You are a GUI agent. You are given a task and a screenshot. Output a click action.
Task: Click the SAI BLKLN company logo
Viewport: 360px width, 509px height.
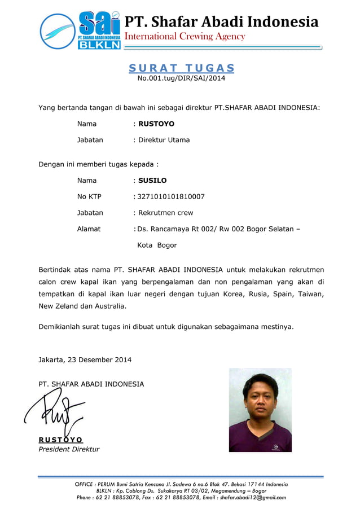[80, 30]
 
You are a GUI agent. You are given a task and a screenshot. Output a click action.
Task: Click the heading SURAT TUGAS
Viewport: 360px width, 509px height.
[181, 68]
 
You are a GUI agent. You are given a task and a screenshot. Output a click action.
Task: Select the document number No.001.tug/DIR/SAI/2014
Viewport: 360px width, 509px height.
[181, 78]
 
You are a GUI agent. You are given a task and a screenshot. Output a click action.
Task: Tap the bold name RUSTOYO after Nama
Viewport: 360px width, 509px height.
[156, 124]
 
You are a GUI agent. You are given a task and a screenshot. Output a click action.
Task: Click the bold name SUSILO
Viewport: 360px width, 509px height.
[152, 181]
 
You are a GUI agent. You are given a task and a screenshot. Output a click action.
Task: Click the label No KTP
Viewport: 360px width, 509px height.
[89, 197]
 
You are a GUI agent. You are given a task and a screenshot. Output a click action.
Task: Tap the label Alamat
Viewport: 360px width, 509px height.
[89, 229]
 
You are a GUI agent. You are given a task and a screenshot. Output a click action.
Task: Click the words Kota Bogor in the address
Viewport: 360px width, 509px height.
[157, 245]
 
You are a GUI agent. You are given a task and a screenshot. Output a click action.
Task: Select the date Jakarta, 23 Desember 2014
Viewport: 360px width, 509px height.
[85, 359]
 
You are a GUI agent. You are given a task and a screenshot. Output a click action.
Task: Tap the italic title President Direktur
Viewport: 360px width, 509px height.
[68, 449]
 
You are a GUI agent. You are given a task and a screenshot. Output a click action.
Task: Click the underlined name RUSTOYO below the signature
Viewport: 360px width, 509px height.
[60, 440]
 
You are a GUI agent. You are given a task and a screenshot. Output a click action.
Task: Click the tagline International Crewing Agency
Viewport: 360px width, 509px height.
[185, 37]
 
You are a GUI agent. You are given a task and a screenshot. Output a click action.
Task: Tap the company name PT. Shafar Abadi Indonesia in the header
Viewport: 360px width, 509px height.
[221, 22]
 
